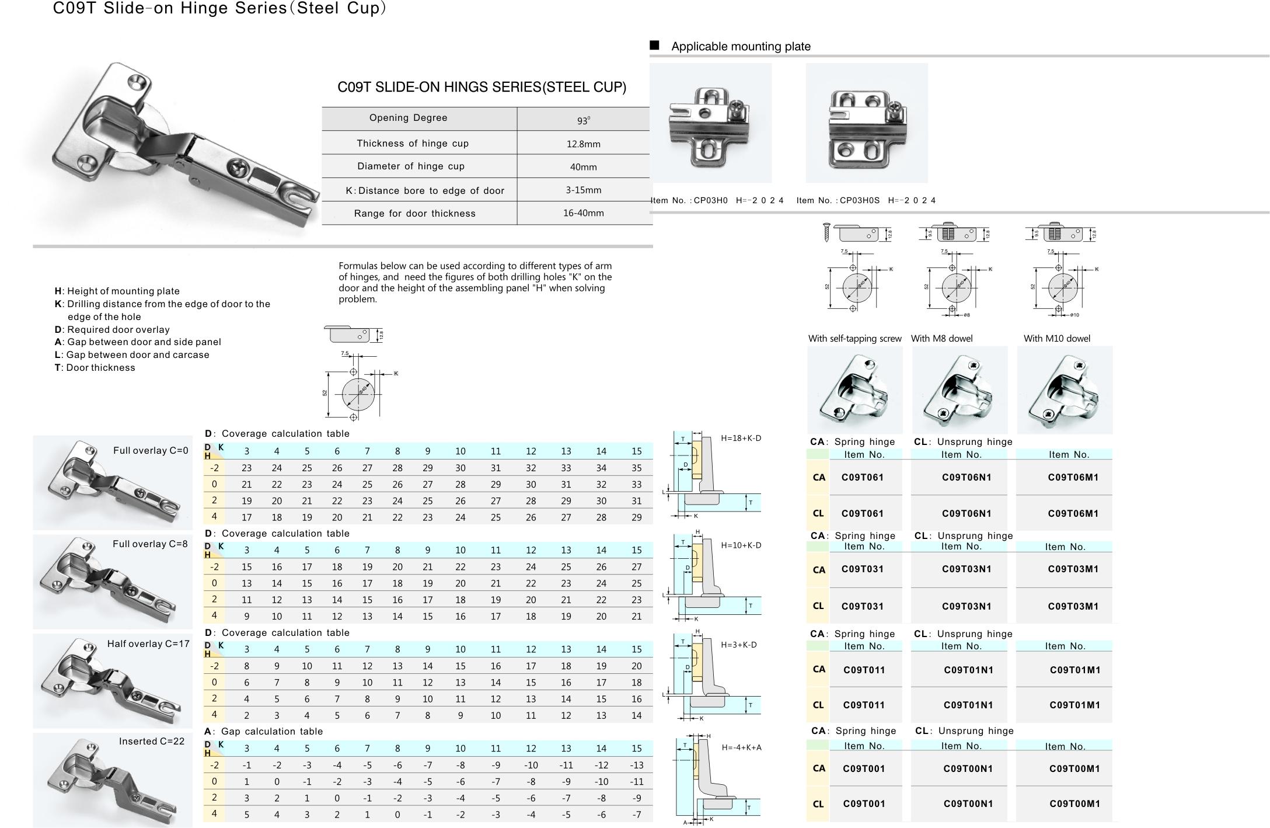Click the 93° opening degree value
click(x=583, y=120)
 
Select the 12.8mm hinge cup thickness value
click(x=583, y=144)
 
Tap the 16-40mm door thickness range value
click(x=583, y=213)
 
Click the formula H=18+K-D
click(x=741, y=439)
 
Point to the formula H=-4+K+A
click(x=741, y=747)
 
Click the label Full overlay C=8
click(x=150, y=544)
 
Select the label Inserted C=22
click(x=151, y=742)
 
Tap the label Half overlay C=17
click(x=148, y=644)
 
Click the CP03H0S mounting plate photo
click(x=866, y=123)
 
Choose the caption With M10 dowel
click(x=1056, y=339)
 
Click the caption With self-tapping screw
click(x=854, y=339)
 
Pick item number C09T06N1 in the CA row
click(x=967, y=478)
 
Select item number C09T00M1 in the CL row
click(x=1074, y=804)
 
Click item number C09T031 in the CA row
click(x=862, y=569)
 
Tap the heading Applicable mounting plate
click(x=741, y=47)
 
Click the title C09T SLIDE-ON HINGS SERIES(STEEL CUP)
click(x=482, y=88)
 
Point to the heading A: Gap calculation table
click(x=263, y=732)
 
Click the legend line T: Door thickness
click(x=95, y=368)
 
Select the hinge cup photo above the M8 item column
click(x=960, y=390)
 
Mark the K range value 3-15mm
click(x=583, y=190)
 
